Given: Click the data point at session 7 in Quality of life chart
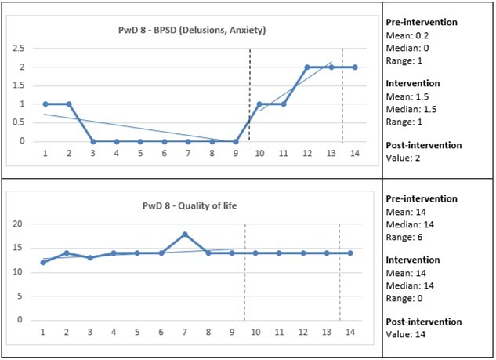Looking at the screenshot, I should pyautogui.click(x=184, y=234).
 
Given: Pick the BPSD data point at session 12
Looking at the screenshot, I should pyautogui.click(x=307, y=67).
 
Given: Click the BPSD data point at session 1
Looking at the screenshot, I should pyautogui.click(x=45, y=104).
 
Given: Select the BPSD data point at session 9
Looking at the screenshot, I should pyautogui.click(x=236, y=141).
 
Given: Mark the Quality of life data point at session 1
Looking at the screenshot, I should pyautogui.click(x=42, y=263).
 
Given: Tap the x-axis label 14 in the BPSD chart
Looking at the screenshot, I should pyautogui.click(x=354, y=155).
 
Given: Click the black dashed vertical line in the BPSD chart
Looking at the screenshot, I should pyautogui.click(x=249, y=94).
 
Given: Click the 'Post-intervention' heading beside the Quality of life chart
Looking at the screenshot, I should pyautogui.click(x=428, y=322).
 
